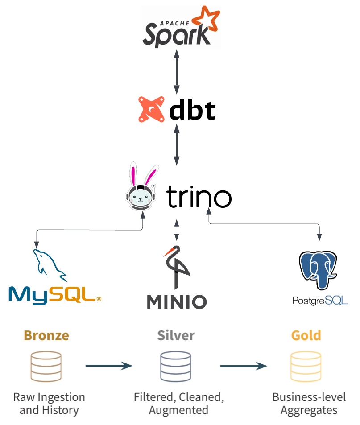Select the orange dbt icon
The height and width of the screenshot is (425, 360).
click(151, 110)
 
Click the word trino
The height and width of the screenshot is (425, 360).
click(199, 197)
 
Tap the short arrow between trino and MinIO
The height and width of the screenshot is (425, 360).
click(177, 230)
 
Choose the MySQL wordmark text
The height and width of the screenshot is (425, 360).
click(54, 294)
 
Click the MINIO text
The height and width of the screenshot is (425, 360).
click(177, 302)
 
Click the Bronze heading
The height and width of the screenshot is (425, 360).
click(46, 335)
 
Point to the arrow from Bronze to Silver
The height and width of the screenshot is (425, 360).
click(109, 366)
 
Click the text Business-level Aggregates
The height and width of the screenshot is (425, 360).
click(309, 404)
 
